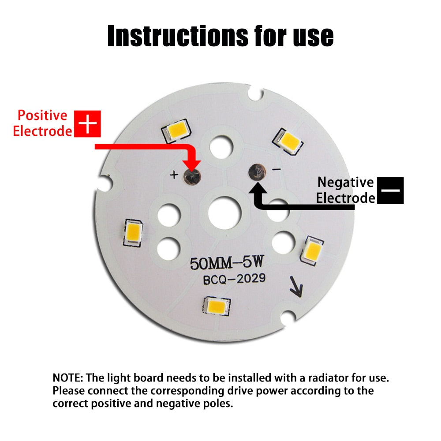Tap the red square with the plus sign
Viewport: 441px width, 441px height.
click(x=88, y=124)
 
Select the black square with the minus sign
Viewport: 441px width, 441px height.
click(x=390, y=190)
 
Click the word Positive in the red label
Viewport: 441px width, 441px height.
click(x=42, y=116)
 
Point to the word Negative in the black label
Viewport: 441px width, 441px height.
click(x=345, y=182)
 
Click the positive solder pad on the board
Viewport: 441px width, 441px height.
click(x=192, y=176)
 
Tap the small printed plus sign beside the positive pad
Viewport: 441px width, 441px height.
click(x=174, y=176)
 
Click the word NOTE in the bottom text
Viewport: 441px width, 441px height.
click(x=67, y=378)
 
